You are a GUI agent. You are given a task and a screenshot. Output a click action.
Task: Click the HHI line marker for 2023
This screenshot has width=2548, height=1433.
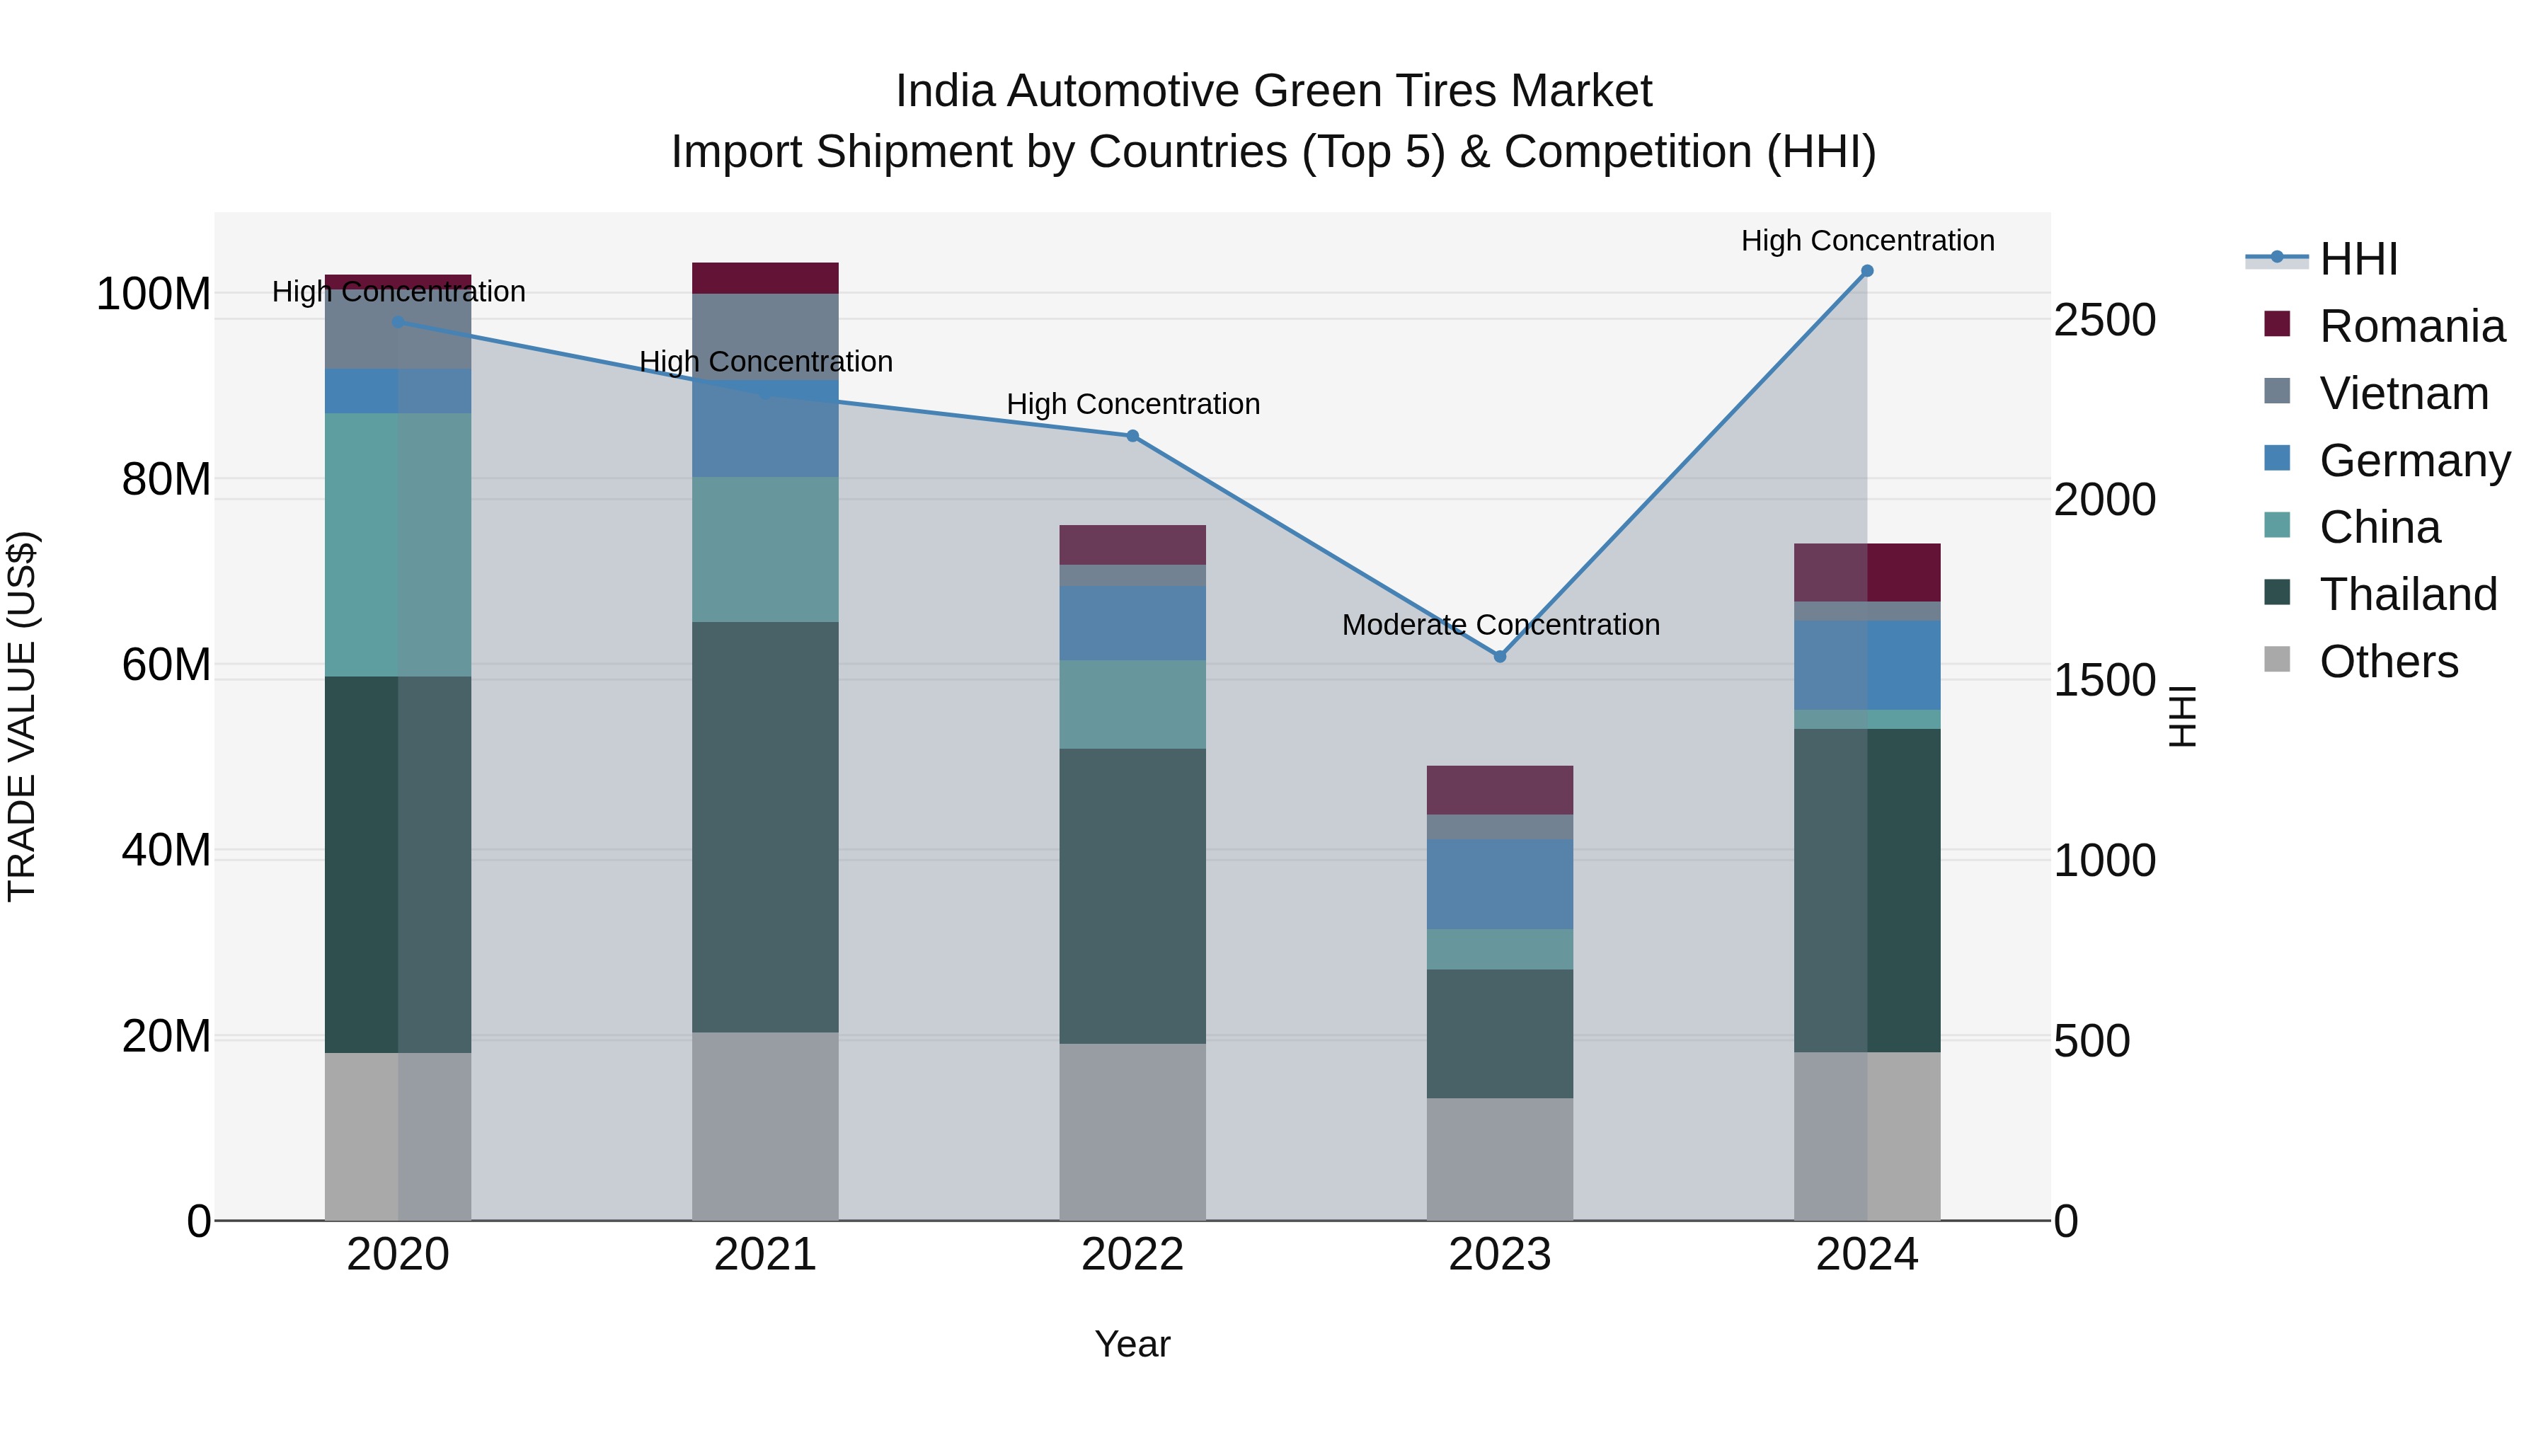(x=1500, y=657)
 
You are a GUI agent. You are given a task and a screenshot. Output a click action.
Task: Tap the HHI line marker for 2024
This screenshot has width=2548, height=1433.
(x=1866, y=271)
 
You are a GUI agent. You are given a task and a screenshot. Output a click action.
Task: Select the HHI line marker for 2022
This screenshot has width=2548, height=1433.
(x=1132, y=436)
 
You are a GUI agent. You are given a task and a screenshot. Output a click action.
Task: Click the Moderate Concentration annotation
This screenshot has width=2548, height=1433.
(x=1500, y=625)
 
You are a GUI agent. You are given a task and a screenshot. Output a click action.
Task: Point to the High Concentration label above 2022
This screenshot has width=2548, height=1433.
(x=1132, y=405)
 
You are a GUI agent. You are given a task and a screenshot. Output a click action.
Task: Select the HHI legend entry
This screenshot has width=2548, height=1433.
(x=2358, y=259)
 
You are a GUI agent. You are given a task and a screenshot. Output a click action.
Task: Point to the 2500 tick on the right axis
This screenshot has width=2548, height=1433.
(x=2104, y=321)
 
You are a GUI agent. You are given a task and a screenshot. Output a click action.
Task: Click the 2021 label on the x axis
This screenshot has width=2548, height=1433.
(x=764, y=1255)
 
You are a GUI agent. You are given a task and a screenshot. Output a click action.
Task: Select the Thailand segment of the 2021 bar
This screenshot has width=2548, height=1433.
(x=764, y=827)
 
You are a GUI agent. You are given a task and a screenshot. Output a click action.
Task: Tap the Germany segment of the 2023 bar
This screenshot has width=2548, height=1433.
(x=1500, y=884)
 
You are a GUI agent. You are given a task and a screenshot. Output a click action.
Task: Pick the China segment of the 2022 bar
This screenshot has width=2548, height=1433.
(x=1132, y=704)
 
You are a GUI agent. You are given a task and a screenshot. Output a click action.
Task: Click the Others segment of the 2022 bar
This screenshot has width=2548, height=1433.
(x=1132, y=1132)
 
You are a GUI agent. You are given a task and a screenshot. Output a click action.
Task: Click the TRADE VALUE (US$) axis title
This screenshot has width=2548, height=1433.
(x=22, y=716)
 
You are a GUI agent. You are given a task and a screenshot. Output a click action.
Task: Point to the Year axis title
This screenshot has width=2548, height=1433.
(x=1132, y=1344)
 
